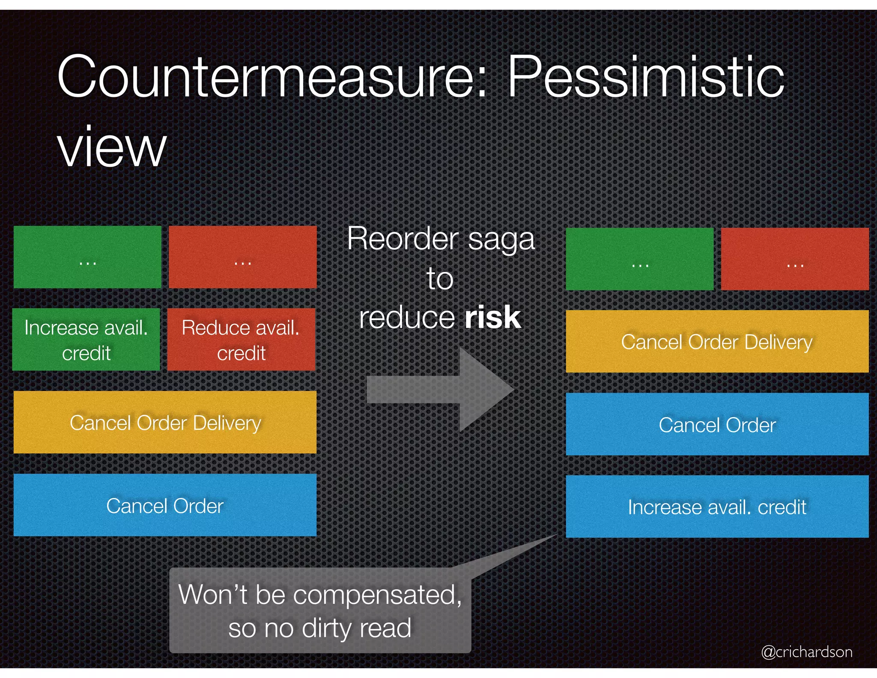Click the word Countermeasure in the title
pyautogui.click(x=272, y=77)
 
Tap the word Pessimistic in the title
pyautogui.click(x=646, y=77)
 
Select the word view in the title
pyautogui.click(x=112, y=148)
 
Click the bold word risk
pyautogui.click(x=492, y=318)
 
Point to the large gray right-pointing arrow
pyautogui.click(x=441, y=390)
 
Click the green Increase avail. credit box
pyautogui.click(x=86, y=339)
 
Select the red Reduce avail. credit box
pyautogui.click(x=241, y=339)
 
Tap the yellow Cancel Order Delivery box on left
pyautogui.click(x=165, y=422)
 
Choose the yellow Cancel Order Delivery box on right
pyautogui.click(x=717, y=342)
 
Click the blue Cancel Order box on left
pyautogui.click(x=165, y=505)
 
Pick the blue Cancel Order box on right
pyautogui.click(x=717, y=424)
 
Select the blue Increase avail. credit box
pyautogui.click(x=717, y=507)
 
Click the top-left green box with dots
pyautogui.click(x=87, y=257)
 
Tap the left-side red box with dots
pyautogui.click(x=242, y=257)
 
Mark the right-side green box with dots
pyautogui.click(x=640, y=259)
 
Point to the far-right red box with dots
pyautogui.click(x=795, y=259)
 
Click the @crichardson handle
pyautogui.click(x=806, y=651)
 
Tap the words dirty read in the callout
pyautogui.click(x=356, y=628)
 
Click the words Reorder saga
pyautogui.click(x=441, y=238)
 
